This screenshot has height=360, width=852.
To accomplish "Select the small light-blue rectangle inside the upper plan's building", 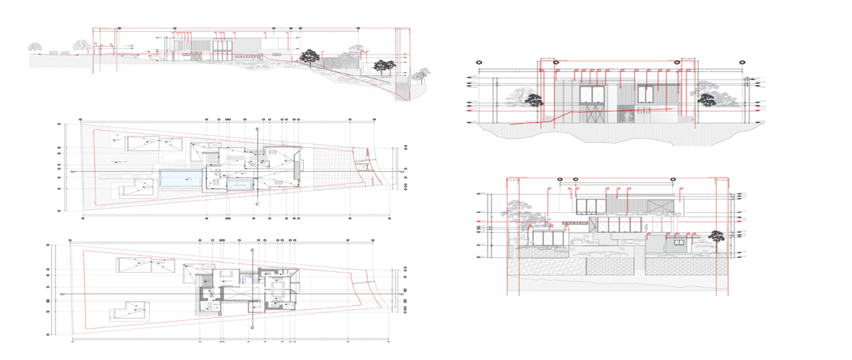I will click(240, 185).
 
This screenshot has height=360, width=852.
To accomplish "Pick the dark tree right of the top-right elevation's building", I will click(706, 100).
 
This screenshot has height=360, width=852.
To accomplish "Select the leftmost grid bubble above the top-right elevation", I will click(479, 62).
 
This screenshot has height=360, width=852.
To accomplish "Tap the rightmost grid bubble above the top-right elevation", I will click(743, 62).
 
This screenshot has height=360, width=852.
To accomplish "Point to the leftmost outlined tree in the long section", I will click(34, 48).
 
